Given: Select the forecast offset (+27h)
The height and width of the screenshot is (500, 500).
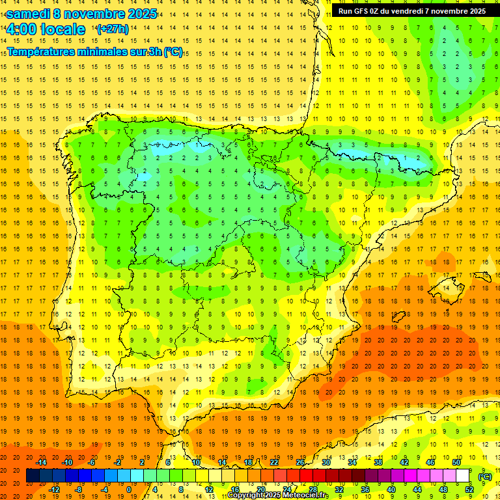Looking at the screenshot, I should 112,29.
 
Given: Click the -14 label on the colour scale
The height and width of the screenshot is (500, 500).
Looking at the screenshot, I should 42,462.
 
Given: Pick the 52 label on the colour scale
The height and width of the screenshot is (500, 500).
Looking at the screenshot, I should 469,490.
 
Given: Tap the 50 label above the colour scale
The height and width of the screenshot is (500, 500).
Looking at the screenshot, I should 456,462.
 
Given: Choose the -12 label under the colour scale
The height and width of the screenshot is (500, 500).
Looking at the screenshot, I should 55,490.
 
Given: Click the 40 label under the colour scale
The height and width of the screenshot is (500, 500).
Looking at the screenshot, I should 391,490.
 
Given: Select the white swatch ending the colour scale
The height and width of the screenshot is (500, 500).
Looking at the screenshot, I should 463,476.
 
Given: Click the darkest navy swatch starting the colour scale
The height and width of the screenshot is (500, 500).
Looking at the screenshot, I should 33,476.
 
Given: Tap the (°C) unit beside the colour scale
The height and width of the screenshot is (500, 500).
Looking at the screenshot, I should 485,476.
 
